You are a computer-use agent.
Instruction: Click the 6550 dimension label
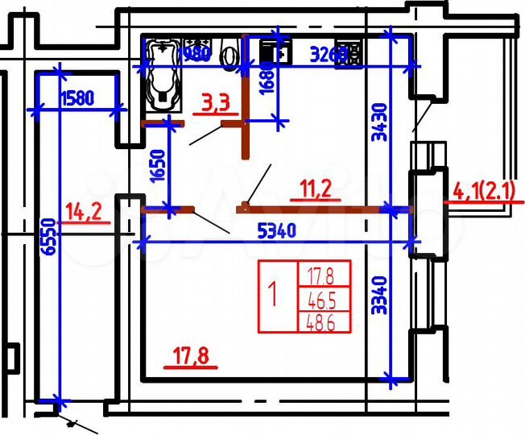[x=50, y=238]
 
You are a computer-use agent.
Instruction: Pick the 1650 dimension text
[x=158, y=168]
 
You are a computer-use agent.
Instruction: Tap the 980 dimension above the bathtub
[x=196, y=55]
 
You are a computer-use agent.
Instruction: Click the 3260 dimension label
[x=329, y=55]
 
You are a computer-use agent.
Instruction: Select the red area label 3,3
[x=216, y=102]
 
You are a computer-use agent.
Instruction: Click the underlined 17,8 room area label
[x=191, y=355]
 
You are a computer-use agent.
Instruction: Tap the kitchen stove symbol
[x=352, y=50]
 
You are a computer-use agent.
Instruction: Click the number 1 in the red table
[x=275, y=296]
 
